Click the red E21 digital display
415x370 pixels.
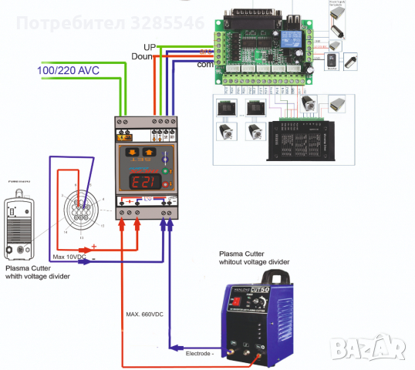(x=143, y=183)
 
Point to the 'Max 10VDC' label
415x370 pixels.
(x=70, y=256)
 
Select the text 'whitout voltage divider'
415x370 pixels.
(x=254, y=262)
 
